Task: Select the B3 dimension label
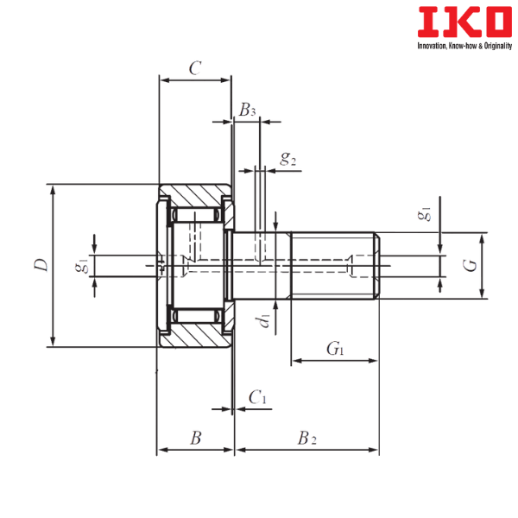(248, 109)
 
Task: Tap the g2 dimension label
(287, 159)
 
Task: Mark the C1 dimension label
(256, 397)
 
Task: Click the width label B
(196, 439)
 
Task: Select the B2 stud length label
(306, 439)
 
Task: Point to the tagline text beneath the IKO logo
(463, 44)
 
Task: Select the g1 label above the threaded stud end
(423, 216)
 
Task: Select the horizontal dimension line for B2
(306, 450)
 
